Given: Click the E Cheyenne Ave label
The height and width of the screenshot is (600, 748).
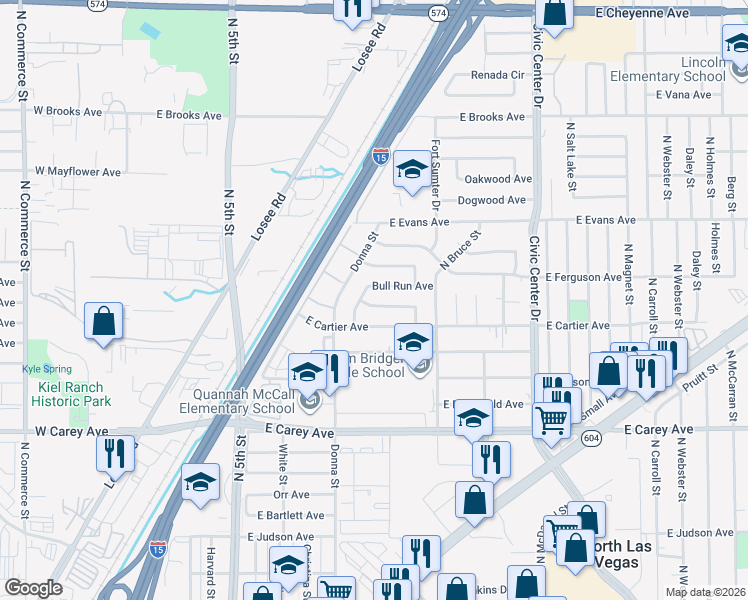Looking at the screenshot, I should click(x=643, y=14).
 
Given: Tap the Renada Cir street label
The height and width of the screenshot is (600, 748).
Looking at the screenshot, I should click(x=497, y=75).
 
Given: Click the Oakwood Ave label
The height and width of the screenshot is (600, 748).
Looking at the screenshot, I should click(x=498, y=179).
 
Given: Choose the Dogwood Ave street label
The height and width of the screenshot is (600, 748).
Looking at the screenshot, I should click(x=491, y=200).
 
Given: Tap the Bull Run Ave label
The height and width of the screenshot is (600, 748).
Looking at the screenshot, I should click(x=402, y=286).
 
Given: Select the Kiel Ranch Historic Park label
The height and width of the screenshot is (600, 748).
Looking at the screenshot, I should click(x=70, y=394).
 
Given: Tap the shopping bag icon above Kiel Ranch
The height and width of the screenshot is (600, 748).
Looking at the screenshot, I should click(x=103, y=322).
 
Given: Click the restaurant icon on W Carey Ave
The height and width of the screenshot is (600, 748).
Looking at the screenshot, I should click(x=116, y=452).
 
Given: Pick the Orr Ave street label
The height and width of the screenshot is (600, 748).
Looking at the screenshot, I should click(x=291, y=494).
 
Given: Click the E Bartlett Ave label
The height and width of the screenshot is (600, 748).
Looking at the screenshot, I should click(x=290, y=516).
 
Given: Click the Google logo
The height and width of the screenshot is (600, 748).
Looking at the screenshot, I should click(x=33, y=588).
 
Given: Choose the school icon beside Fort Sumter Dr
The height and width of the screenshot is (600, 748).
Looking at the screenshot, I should click(x=411, y=171).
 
